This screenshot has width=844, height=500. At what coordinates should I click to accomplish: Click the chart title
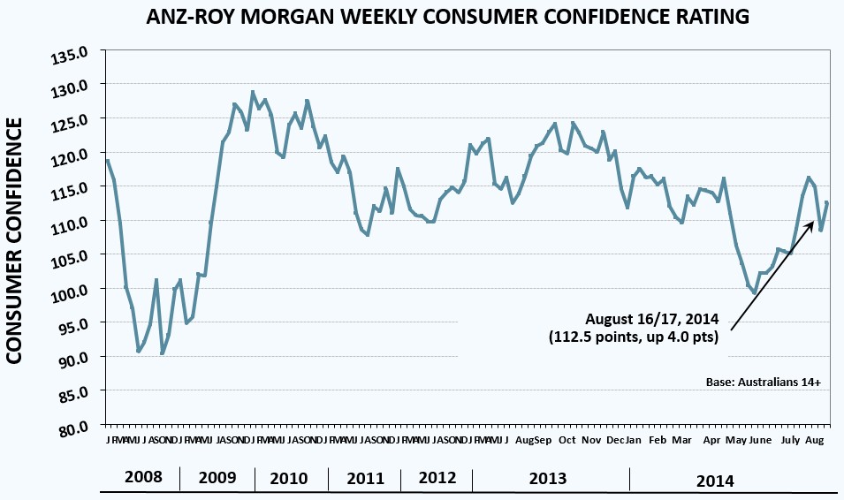point(422,16)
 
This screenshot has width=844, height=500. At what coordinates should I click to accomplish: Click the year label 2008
point(143,477)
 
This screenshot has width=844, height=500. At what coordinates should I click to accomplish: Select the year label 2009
point(217,478)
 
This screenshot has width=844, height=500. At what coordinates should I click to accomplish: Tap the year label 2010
point(289,478)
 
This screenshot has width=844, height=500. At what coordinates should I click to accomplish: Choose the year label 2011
point(364,478)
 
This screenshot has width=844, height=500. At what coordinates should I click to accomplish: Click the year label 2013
point(548,478)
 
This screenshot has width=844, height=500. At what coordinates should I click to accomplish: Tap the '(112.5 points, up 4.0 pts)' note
point(635,337)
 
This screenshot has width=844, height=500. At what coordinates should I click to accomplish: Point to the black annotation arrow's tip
point(813,222)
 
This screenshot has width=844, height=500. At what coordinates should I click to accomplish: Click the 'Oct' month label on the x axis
point(566,439)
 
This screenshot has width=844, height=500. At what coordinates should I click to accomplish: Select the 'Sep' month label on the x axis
point(543,439)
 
